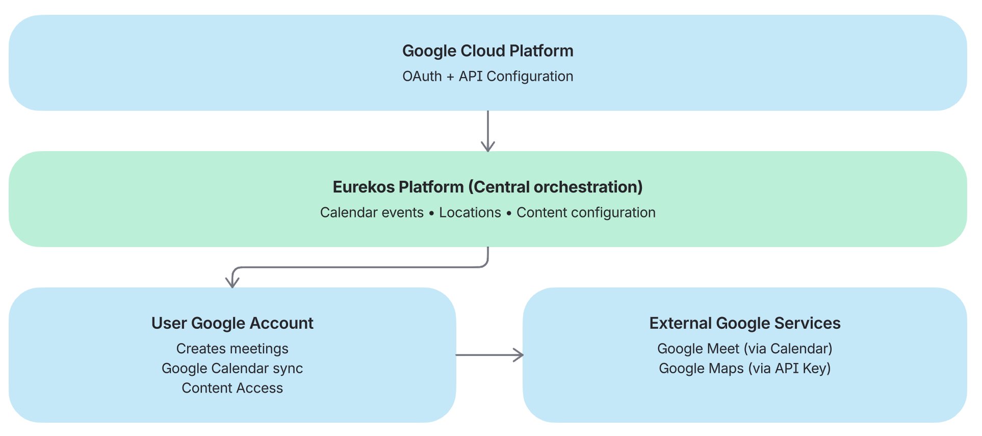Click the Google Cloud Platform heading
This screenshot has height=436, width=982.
click(x=487, y=51)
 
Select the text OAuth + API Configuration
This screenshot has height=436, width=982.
click(x=487, y=77)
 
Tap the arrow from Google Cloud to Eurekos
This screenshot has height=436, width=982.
click(x=488, y=131)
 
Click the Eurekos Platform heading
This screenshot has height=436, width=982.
click(x=487, y=187)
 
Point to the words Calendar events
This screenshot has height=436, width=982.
click(x=372, y=213)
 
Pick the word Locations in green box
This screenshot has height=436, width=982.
click(x=470, y=213)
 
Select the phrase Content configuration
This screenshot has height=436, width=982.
click(x=586, y=213)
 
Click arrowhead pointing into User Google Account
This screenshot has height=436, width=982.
click(x=232, y=282)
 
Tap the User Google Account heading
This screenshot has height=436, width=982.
click(x=232, y=324)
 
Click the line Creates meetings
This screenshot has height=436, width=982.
click(x=232, y=349)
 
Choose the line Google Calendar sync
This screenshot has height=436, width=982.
click(x=232, y=369)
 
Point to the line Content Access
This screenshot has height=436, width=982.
click(x=232, y=389)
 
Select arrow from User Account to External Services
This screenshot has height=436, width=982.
click(x=489, y=355)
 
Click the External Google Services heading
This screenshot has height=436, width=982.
click(x=744, y=324)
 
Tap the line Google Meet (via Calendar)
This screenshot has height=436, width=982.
click(x=744, y=349)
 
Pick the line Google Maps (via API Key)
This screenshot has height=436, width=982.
click(x=744, y=369)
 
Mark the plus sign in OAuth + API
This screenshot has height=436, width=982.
click(x=450, y=77)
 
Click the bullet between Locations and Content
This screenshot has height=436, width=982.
click(x=509, y=213)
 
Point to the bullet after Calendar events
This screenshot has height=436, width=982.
click(x=431, y=213)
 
